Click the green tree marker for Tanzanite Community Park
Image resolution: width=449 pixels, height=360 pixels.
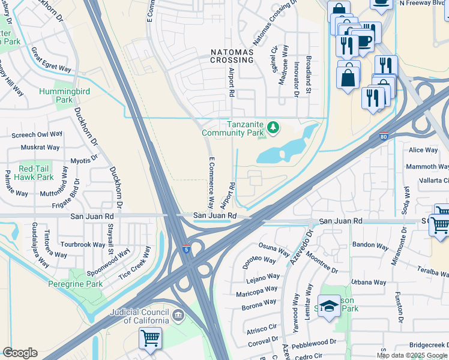click(x=273, y=127)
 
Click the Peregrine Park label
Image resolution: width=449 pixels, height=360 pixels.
click(x=77, y=284)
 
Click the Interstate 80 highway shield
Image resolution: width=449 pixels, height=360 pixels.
click(x=384, y=137)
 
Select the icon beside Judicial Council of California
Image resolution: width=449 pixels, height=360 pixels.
click(x=178, y=315)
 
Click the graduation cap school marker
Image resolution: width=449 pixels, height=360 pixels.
click(x=328, y=307)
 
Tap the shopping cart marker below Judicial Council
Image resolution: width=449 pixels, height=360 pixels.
click(x=149, y=338)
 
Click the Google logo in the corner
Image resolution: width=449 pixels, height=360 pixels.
click(x=20, y=353)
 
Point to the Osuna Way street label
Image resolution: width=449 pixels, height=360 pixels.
click(x=275, y=246)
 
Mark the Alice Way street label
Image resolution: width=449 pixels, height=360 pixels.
click(x=423, y=150)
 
